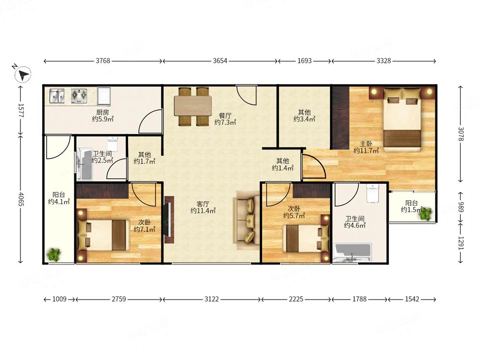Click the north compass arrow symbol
(23, 74)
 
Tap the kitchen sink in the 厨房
(57, 96)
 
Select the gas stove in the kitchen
(79, 96)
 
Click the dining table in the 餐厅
(193, 106)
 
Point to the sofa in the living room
(247, 220)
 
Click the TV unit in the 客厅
(169, 219)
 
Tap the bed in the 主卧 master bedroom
(402, 120)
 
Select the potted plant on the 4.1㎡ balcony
(54, 254)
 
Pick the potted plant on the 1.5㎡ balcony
(425, 214)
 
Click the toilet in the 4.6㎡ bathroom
(372, 193)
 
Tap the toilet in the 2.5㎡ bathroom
(112, 144)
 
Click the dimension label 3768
(103, 60)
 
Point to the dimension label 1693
(305, 60)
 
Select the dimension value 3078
(461, 134)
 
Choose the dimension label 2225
(296, 299)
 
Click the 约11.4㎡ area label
(203, 211)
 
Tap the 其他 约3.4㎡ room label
(304, 116)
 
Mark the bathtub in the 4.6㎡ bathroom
(353, 252)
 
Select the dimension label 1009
(60, 299)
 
